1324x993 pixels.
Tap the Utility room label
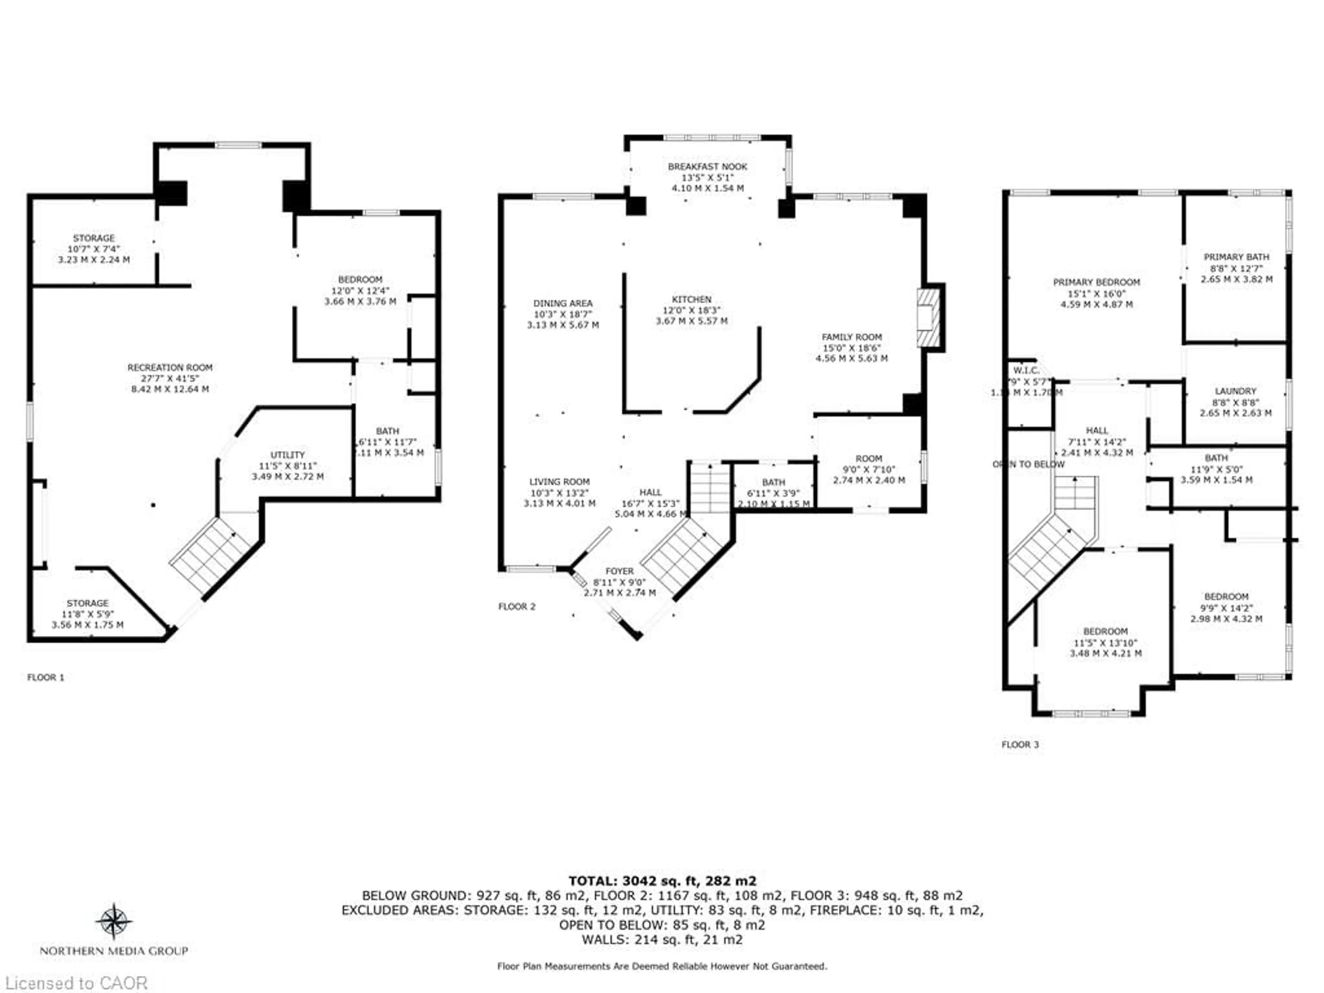287,455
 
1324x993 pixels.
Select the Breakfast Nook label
708,167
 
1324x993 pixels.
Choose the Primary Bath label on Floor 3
1236,257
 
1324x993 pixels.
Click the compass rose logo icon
114,921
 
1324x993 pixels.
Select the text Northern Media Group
114,951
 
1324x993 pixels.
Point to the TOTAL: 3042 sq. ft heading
662,881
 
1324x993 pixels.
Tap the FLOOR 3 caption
1020,745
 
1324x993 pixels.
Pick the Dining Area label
563,303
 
